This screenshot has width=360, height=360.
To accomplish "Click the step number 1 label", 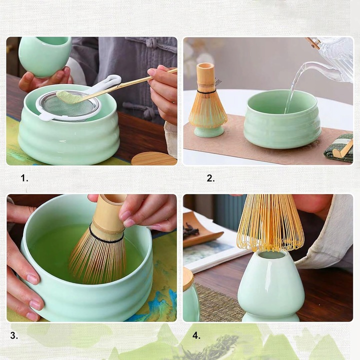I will [x=24, y=178].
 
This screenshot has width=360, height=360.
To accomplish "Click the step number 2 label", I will [x=210, y=178].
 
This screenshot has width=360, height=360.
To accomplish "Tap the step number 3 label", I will [x=14, y=336].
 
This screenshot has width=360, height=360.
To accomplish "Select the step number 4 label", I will [x=196, y=336].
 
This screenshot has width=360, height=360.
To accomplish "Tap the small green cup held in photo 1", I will [x=45, y=56].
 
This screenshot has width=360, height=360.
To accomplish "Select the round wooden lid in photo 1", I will [x=153, y=159].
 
